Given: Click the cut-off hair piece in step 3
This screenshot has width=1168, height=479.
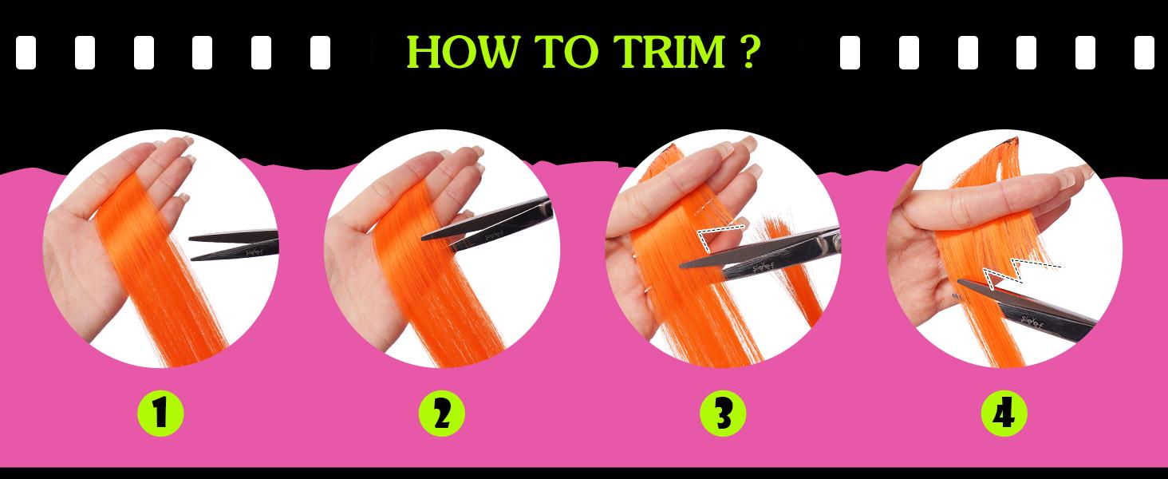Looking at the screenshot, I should pos(798,271).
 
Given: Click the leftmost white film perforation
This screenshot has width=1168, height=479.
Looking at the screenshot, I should pos(26,53).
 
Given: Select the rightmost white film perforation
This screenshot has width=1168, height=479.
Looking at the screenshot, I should pos(1143,53).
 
